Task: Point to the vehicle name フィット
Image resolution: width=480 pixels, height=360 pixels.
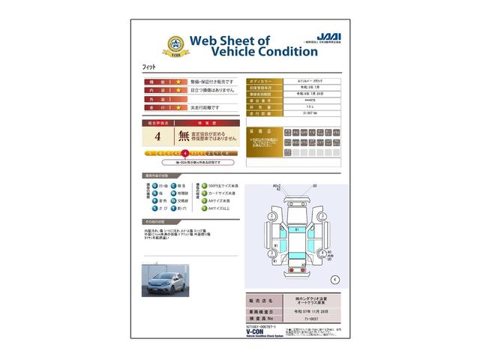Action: [149, 68]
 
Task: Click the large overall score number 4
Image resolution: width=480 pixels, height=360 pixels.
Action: [157, 136]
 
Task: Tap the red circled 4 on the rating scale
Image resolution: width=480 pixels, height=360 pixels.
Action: [184, 153]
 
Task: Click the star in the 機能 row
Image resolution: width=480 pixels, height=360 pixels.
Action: [179, 80]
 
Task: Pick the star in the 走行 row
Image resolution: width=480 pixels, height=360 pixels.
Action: [179, 107]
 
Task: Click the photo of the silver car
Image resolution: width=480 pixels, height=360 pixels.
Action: [166, 279]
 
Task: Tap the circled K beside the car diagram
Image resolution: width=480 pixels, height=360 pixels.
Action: [334, 279]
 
